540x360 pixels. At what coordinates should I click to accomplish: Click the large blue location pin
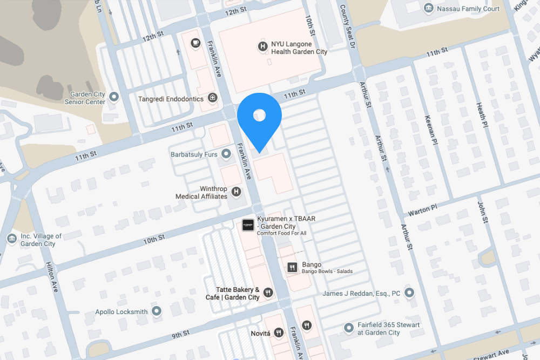click(x=259, y=119)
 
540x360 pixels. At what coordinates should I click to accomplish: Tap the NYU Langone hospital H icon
click(x=262, y=47)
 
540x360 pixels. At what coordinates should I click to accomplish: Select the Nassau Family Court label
click(x=468, y=9)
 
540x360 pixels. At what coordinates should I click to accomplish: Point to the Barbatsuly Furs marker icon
click(x=226, y=154)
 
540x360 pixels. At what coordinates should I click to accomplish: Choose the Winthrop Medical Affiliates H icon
click(x=236, y=191)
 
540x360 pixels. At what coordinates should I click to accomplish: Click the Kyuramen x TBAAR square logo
click(x=248, y=225)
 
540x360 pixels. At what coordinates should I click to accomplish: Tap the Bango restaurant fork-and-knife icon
click(x=293, y=267)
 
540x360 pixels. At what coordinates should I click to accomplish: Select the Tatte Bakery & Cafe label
click(x=233, y=293)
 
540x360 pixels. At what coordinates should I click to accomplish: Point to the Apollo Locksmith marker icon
click(x=157, y=311)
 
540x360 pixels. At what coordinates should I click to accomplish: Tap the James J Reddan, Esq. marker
click(x=409, y=293)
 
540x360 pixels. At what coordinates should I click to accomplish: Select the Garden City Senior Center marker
click(x=114, y=97)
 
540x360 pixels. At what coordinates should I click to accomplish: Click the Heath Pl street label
click(x=482, y=117)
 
